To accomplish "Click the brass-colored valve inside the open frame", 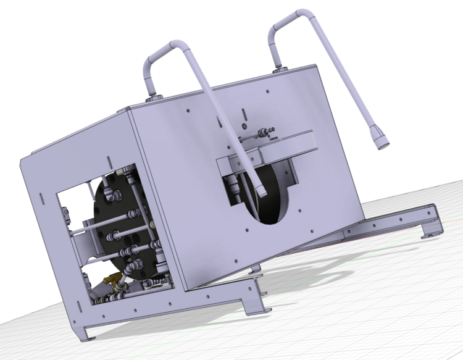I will [x=113, y=280].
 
